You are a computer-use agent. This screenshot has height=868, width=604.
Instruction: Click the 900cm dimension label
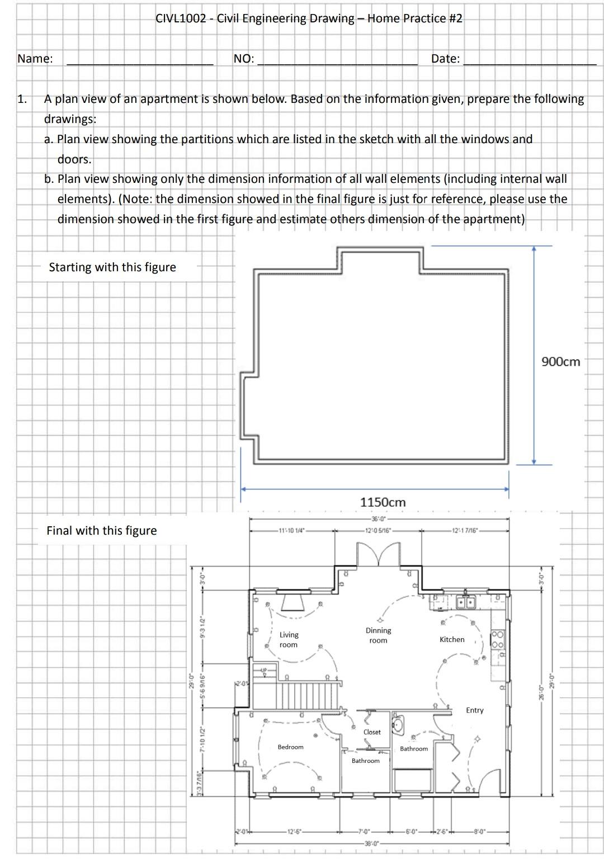561,362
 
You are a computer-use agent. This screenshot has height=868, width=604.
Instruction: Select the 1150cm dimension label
383,502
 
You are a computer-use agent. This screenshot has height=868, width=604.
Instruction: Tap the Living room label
289,640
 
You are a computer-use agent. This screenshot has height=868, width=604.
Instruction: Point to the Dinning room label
378,635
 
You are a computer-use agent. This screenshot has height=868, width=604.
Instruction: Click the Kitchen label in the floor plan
452,639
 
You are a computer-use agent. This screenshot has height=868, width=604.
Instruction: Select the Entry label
474,710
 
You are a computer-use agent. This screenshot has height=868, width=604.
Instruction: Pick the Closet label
372,732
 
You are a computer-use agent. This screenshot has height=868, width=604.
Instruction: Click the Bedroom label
290,747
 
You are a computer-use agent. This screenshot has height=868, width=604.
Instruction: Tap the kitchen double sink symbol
465,602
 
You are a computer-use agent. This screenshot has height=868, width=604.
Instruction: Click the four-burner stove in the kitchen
497,639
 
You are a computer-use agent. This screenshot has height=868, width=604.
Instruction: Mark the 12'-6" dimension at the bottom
294,831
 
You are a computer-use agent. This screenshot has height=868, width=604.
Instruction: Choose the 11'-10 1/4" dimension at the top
291,530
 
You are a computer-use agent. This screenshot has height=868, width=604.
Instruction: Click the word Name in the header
35,59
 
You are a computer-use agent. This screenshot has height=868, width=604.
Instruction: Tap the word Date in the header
445,59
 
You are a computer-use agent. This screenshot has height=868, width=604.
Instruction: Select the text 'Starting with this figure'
112,267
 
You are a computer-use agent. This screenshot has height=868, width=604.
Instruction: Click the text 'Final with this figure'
102,531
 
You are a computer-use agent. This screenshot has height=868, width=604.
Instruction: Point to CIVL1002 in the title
180,18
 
